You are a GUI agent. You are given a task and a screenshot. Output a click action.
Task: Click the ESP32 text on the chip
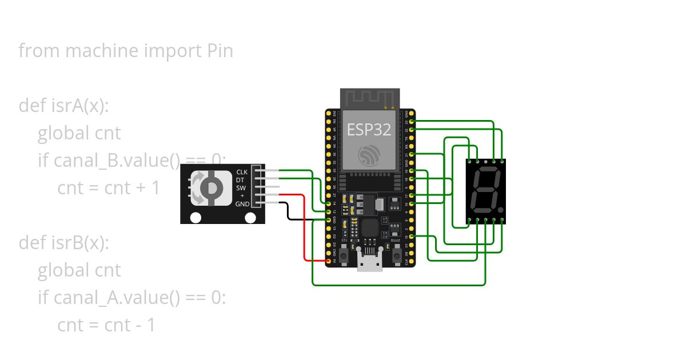click(369, 129)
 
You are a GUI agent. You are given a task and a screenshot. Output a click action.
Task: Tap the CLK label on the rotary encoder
click(242, 171)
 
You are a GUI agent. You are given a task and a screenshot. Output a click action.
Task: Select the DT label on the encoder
click(240, 179)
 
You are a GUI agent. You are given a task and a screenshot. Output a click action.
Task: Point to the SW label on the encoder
click(241, 187)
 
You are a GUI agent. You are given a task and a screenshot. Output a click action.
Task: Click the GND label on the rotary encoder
click(242, 203)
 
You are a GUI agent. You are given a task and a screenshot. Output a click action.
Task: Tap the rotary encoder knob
click(210, 187)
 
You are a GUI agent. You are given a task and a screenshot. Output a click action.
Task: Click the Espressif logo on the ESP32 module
click(369, 156)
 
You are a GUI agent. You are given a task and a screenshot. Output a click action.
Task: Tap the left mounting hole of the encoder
click(196, 218)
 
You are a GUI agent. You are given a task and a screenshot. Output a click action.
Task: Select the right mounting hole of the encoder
click(250, 218)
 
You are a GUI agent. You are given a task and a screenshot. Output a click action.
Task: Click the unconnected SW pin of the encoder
click(269, 187)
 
